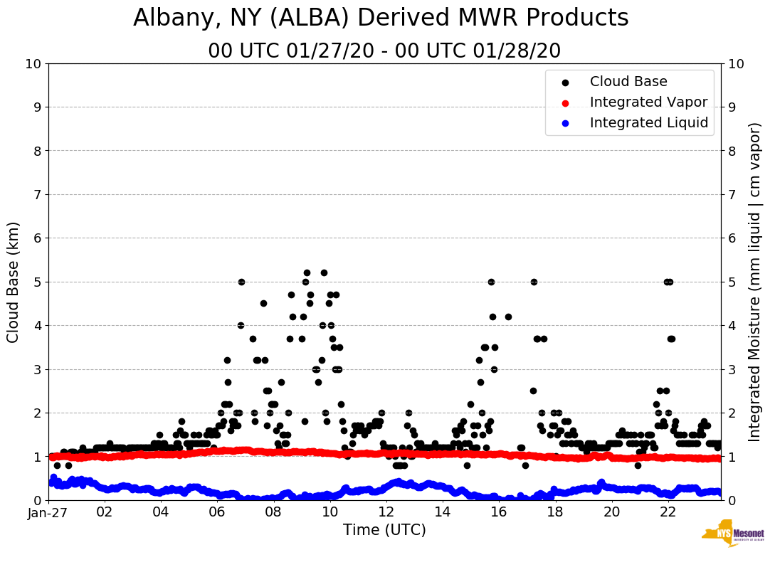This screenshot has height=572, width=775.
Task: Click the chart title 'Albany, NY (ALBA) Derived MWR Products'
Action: (381, 18)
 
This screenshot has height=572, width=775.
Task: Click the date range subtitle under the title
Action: (384, 51)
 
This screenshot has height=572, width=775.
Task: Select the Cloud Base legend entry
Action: (628, 82)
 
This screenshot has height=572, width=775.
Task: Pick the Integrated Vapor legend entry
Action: (648, 102)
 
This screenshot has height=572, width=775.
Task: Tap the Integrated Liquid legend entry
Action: (648, 123)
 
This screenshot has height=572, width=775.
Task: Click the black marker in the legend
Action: (565, 83)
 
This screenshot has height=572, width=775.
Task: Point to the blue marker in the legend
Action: (565, 124)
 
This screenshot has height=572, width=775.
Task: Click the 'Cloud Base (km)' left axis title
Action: (14, 282)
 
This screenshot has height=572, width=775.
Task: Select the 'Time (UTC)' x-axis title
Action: (384, 530)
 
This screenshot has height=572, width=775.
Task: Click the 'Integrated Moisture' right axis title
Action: (755, 282)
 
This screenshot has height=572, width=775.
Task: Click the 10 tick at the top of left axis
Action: (33, 64)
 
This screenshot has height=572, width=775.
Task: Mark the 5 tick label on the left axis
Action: (36, 282)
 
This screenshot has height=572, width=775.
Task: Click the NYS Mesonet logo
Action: (732, 534)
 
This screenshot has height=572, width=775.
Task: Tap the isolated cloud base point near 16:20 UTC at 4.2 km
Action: (508, 317)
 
